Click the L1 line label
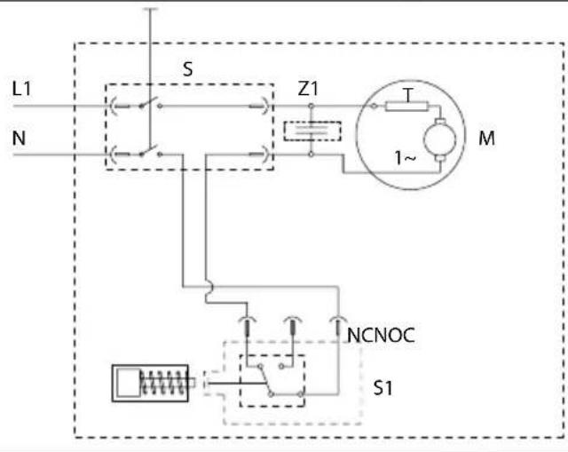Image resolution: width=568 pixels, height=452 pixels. (x=21, y=89)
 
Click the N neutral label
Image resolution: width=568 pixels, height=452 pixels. (x=19, y=139)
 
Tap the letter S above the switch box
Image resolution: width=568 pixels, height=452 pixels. (x=187, y=69)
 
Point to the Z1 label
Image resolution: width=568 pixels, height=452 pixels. (x=308, y=89)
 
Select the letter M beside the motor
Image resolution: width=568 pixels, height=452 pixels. (x=486, y=139)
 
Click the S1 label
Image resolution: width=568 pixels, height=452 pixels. (x=383, y=388)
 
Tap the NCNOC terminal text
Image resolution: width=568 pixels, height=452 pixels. (x=381, y=336)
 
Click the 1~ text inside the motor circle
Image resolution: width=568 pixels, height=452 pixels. (x=405, y=158)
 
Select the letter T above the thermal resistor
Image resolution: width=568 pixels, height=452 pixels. (x=408, y=95)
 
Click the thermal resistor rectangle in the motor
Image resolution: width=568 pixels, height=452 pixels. (x=406, y=107)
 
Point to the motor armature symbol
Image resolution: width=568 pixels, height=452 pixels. (x=440, y=139)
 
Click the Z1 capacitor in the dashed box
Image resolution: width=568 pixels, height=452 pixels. (x=312, y=131)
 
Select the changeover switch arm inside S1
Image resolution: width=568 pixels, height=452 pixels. (x=265, y=380)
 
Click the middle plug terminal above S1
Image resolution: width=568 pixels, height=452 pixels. (x=292, y=326)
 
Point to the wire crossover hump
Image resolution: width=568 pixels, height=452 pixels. (x=209, y=289)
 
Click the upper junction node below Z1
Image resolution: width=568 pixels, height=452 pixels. (x=311, y=107)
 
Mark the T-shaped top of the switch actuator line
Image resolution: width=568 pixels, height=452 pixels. (x=150, y=9)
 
